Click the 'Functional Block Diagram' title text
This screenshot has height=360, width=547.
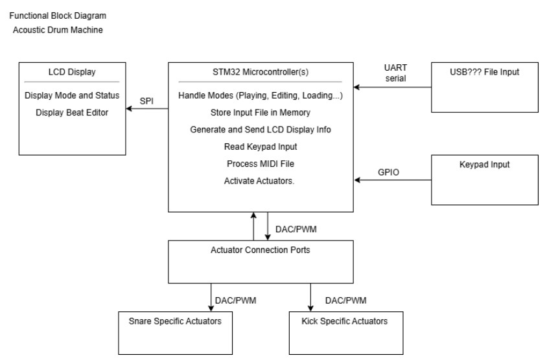click(54, 14)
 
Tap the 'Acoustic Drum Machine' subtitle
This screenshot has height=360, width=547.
click(54, 29)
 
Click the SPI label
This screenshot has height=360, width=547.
click(146, 102)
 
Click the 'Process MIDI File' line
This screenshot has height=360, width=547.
click(261, 163)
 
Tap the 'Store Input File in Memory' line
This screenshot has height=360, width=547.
click(261, 112)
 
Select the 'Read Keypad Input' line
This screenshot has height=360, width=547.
click(261, 146)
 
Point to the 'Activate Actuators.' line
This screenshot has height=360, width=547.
click(261, 180)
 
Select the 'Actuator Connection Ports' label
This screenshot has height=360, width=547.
click(261, 250)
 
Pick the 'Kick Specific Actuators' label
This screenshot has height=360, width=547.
click(345, 321)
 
